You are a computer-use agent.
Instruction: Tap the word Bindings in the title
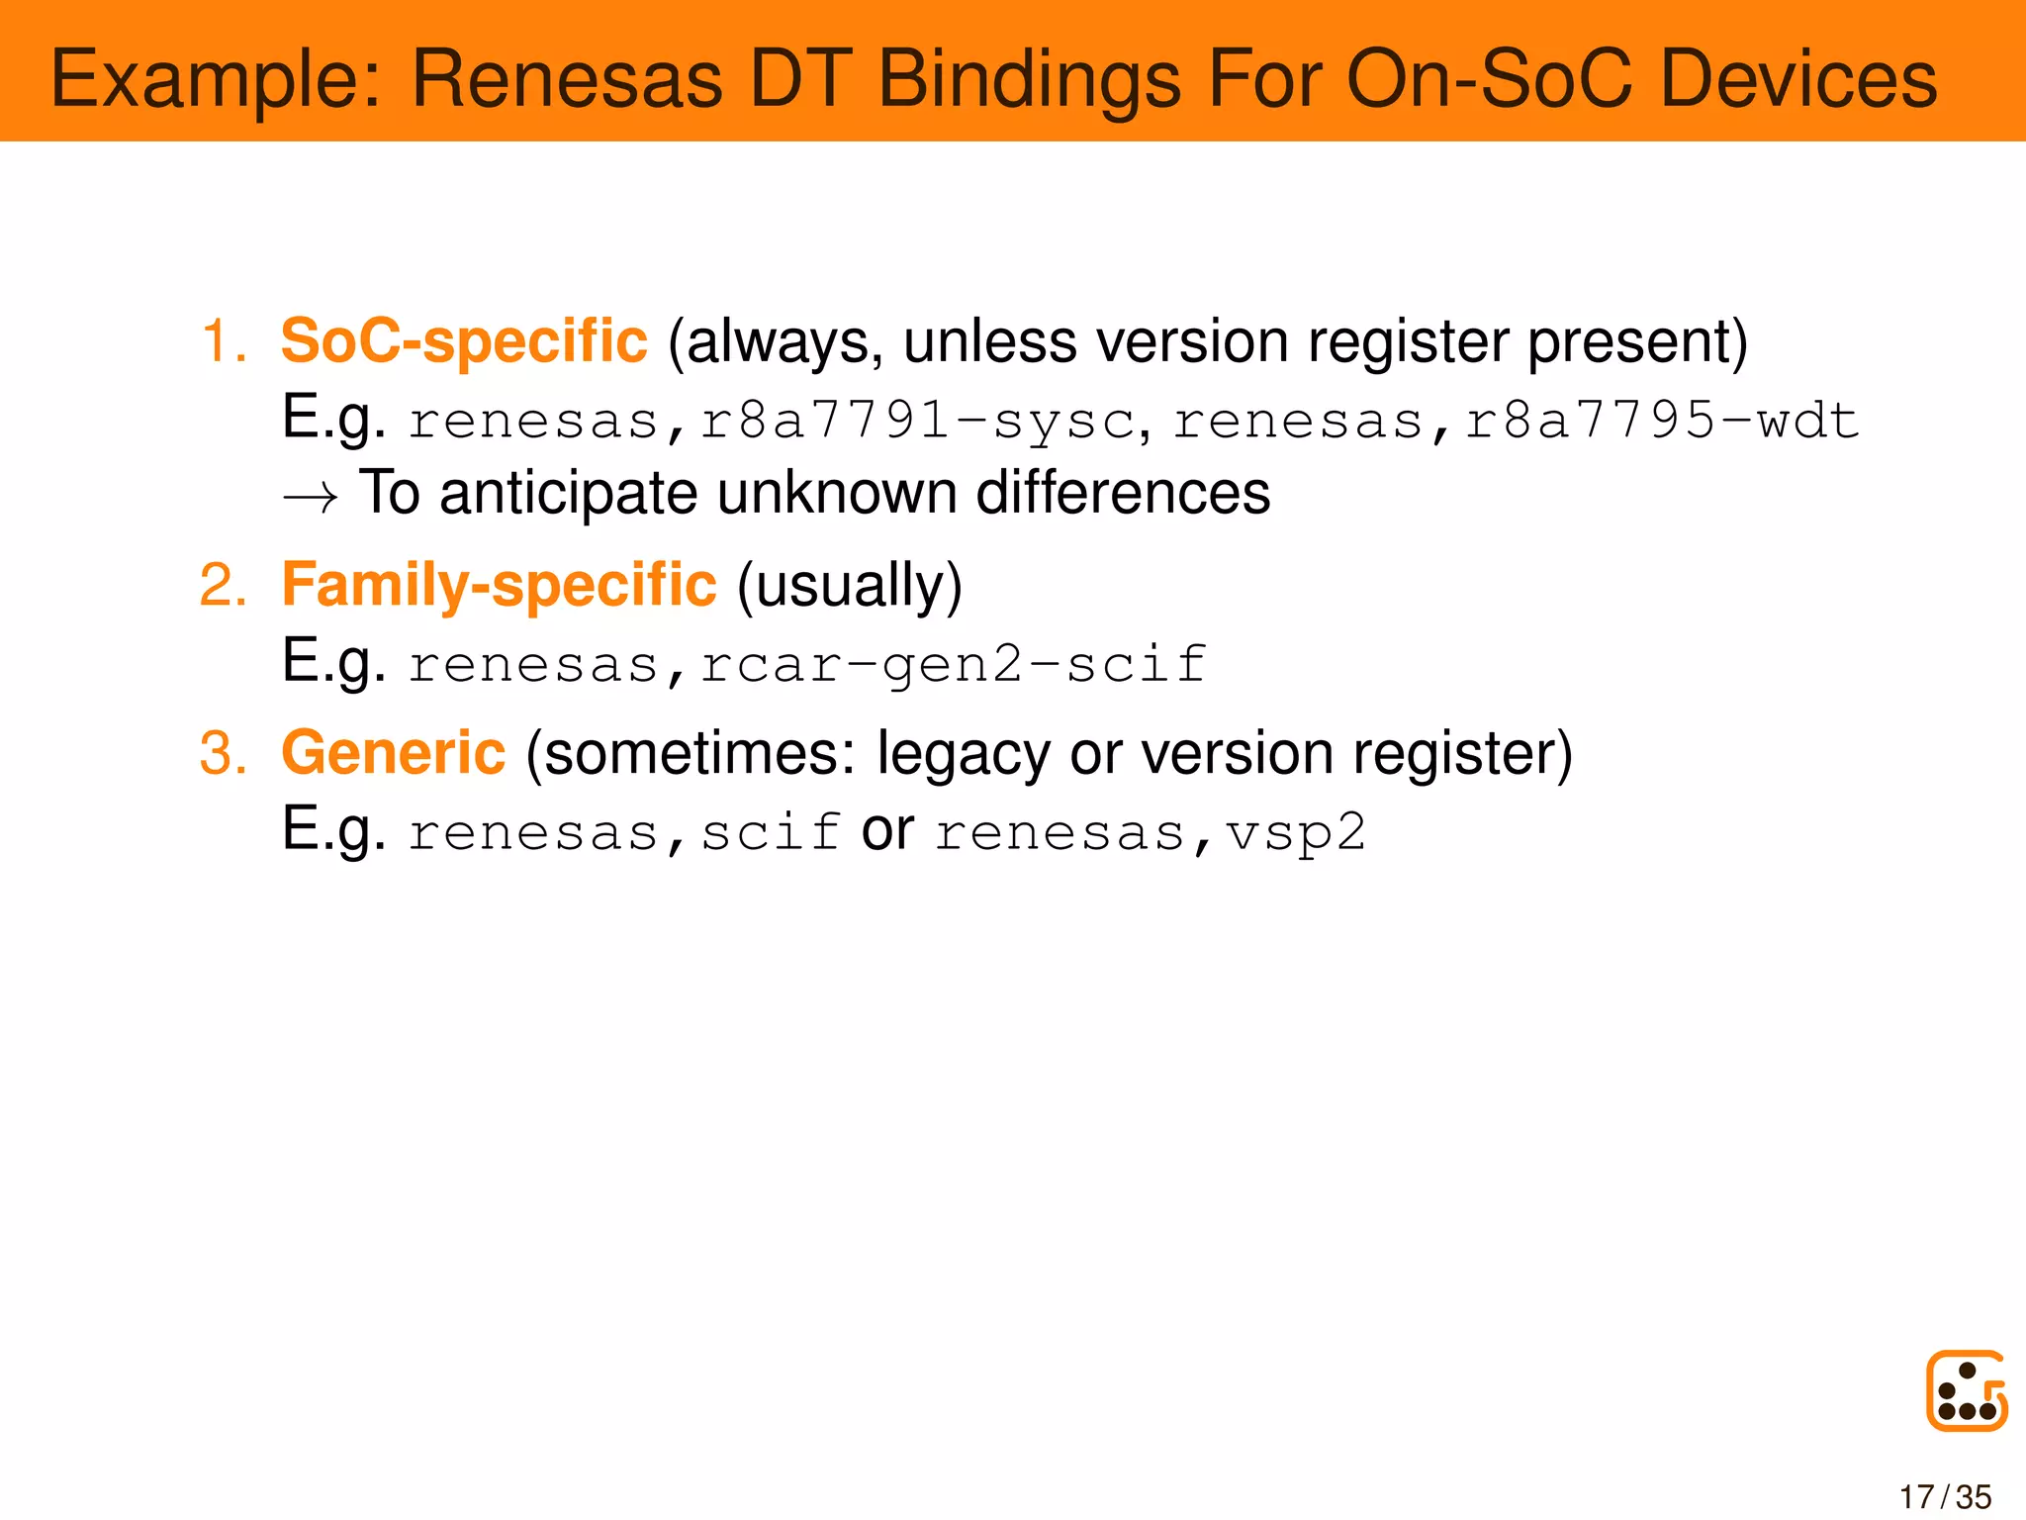pyautogui.click(x=1029, y=79)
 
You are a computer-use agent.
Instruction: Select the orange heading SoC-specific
pyautogui.click(x=464, y=341)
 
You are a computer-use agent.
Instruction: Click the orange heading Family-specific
pyautogui.click(x=499, y=585)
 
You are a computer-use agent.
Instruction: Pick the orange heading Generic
pyautogui.click(x=394, y=753)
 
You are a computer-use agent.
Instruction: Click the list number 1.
pyautogui.click(x=222, y=341)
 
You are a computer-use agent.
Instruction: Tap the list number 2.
pyautogui.click(x=222, y=585)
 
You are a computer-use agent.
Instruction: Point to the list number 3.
pyautogui.click(x=222, y=753)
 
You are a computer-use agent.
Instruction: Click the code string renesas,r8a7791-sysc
pyautogui.click(x=772, y=422)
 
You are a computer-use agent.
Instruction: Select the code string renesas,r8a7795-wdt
pyautogui.click(x=1516, y=422)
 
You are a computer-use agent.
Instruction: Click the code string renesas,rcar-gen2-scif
pyautogui.click(x=807, y=665)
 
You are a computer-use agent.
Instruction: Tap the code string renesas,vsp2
pyautogui.click(x=1151, y=833)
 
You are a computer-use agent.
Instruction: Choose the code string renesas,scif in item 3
pyautogui.click(x=625, y=833)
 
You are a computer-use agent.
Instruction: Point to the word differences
pyautogui.click(x=1123, y=493)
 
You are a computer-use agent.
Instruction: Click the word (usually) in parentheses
pyautogui.click(x=849, y=586)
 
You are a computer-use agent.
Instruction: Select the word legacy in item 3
pyautogui.click(x=964, y=755)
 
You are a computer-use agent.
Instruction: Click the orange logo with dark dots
pyautogui.click(x=1966, y=1390)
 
